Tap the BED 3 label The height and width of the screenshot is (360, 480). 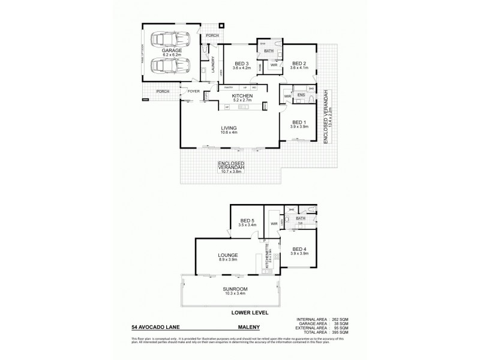pyautogui.click(x=241, y=64)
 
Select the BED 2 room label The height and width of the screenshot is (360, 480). pyautogui.click(x=299, y=64)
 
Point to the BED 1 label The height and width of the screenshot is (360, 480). pyautogui.click(x=299, y=121)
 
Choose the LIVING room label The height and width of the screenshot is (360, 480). pyautogui.click(x=229, y=128)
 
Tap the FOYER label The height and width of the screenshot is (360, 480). pyautogui.click(x=193, y=91)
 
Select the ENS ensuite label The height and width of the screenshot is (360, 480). pyautogui.click(x=301, y=94)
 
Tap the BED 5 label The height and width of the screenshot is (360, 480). pyautogui.click(x=248, y=221)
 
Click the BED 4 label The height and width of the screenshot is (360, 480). pyautogui.click(x=299, y=249)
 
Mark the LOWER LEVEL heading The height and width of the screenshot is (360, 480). pyautogui.click(x=250, y=313)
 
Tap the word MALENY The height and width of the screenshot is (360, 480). pyautogui.click(x=248, y=328)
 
